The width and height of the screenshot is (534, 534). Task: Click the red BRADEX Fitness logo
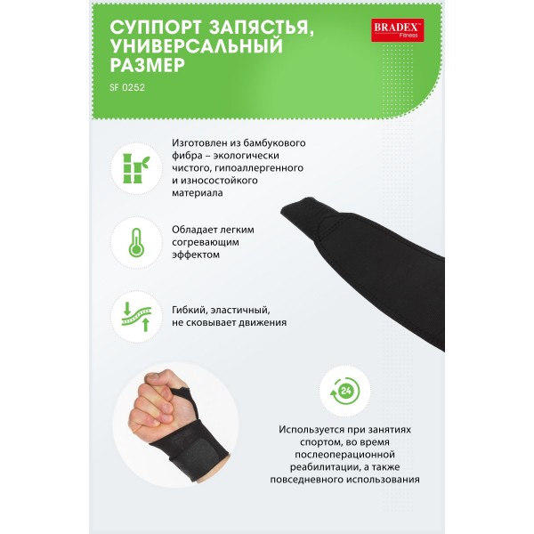398,30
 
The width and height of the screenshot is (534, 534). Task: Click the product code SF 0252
127,87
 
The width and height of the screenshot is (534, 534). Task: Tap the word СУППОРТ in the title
156,27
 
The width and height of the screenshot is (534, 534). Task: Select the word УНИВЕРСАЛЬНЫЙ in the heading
197,45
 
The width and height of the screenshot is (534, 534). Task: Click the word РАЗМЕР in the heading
148,64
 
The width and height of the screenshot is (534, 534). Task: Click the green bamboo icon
136,168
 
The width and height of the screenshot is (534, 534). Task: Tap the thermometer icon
136,242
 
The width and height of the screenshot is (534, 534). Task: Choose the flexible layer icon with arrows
136,316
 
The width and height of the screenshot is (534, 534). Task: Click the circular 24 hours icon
344,391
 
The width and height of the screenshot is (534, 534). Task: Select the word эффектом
196,255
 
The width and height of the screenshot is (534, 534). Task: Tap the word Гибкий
190,311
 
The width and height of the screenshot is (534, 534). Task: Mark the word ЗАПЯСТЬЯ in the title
261,28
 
